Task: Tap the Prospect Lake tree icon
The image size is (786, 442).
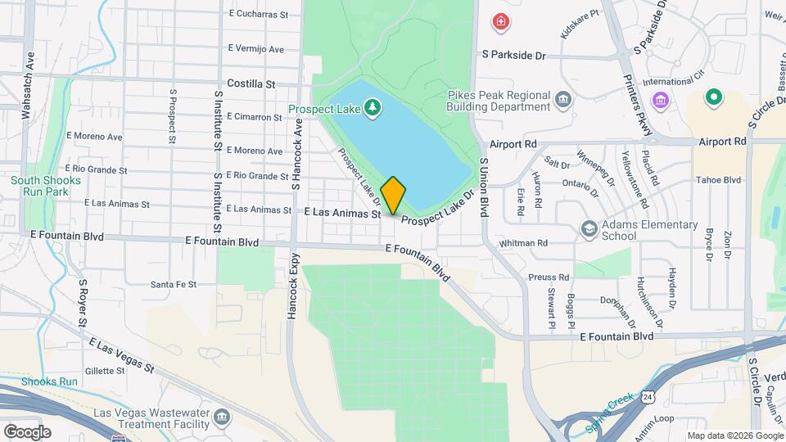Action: pyautogui.click(x=373, y=107)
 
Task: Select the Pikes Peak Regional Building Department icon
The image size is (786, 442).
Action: pyautogui.click(x=563, y=101)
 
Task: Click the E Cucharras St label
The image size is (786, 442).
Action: pyautogui.click(x=259, y=14)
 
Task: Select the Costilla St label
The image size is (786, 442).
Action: pyautogui.click(x=251, y=83)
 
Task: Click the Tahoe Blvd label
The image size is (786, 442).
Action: pyautogui.click(x=718, y=180)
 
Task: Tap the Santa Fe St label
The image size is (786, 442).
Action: pyautogui.click(x=174, y=285)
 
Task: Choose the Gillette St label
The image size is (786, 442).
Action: pyautogui.click(x=104, y=371)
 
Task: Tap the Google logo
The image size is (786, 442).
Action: pyautogui.click(x=27, y=431)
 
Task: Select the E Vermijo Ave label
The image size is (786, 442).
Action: pyautogui.click(x=256, y=49)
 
